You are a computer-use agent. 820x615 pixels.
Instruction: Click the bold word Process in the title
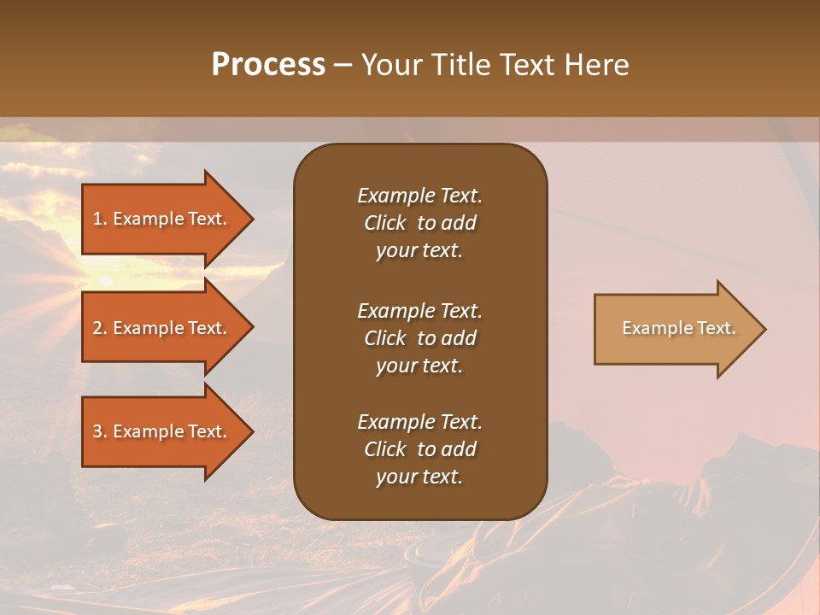coord(268,65)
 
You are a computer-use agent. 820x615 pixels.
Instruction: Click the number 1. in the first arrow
coord(100,219)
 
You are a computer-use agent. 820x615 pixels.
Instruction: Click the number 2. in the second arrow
coord(100,328)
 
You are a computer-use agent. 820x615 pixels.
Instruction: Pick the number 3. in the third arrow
coord(100,431)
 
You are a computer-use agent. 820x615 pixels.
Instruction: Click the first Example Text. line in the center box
coord(419,196)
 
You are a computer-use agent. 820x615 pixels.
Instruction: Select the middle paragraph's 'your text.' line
coord(419,366)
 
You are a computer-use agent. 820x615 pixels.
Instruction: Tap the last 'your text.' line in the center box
coord(419,477)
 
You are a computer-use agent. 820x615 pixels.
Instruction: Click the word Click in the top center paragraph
coord(385,223)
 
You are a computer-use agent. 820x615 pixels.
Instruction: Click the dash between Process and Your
coord(343,65)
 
